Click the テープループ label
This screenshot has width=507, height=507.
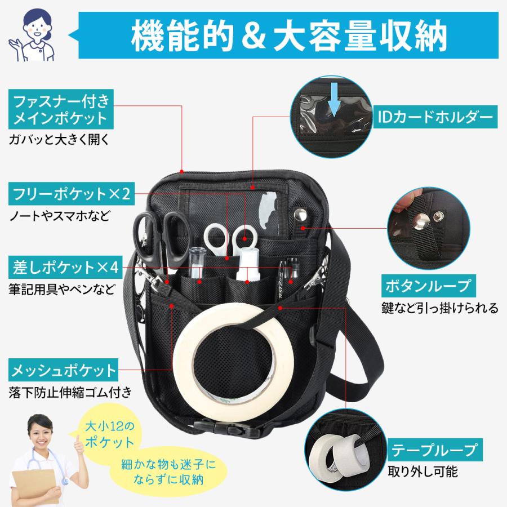427,451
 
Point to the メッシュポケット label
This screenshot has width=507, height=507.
64,371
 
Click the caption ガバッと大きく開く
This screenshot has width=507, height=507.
59,139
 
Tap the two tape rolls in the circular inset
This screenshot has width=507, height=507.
341,451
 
